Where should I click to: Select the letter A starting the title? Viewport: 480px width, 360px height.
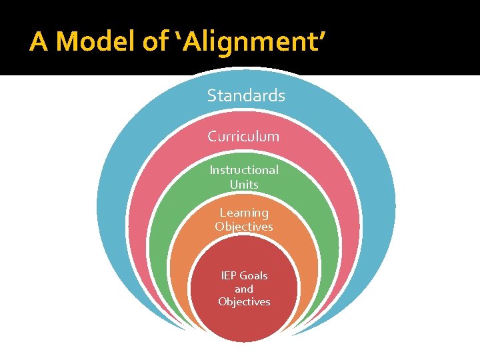(39, 42)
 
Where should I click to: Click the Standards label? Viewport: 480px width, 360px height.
(246, 96)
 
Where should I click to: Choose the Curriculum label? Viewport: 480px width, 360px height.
(243, 136)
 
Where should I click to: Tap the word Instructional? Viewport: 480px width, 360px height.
(244, 170)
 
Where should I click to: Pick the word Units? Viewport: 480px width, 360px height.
(244, 184)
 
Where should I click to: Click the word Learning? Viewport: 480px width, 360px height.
(244, 213)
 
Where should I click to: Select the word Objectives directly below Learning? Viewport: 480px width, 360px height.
(244, 227)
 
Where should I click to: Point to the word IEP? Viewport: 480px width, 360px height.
(229, 275)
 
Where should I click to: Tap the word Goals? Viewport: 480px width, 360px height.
(253, 275)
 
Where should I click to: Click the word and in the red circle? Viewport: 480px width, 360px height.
(244, 289)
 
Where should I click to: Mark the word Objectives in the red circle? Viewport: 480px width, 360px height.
(244, 301)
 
